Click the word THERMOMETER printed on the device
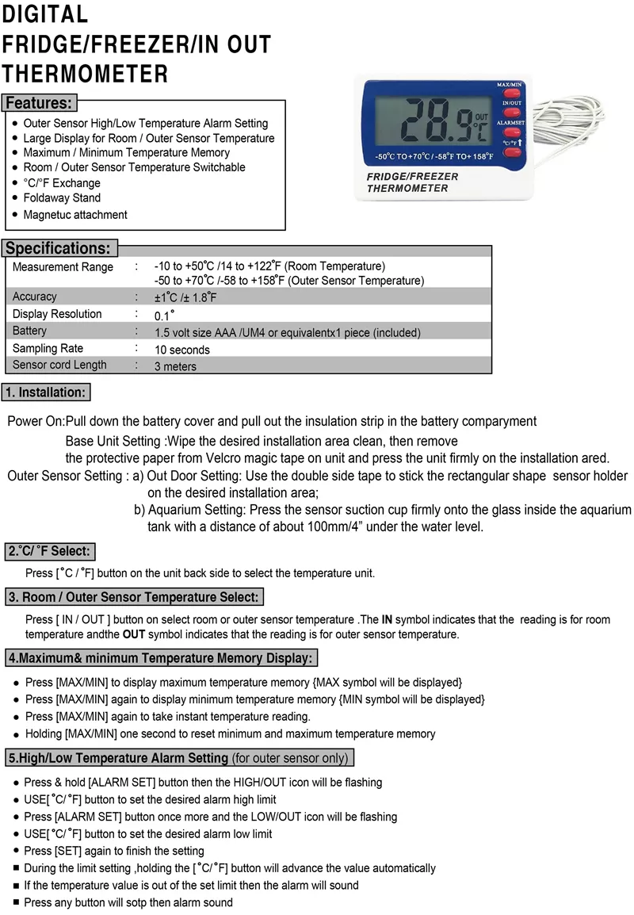click(x=407, y=189)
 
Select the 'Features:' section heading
click(x=39, y=103)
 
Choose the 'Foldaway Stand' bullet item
click(x=62, y=198)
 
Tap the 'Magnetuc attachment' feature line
click(x=75, y=215)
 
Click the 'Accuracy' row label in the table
click(x=35, y=297)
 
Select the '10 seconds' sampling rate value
click(x=182, y=350)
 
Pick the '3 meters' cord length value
click(x=176, y=366)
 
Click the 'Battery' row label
click(x=29, y=331)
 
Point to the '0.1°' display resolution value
click(x=164, y=315)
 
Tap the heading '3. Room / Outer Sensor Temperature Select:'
click(x=133, y=597)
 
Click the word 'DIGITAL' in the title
click(x=44, y=14)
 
